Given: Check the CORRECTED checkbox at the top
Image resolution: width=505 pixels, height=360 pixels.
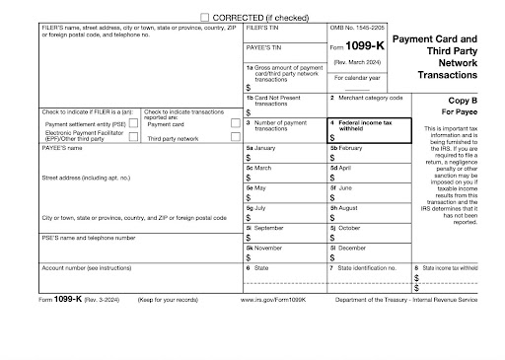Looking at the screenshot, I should point(205,18).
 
